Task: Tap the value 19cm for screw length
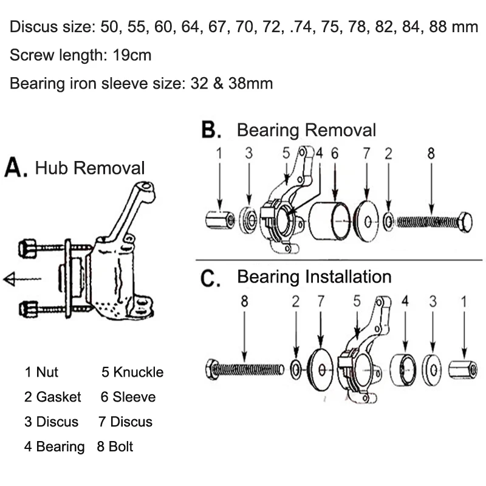pyautogui.click(x=132, y=55)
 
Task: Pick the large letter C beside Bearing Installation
pyautogui.click(x=210, y=278)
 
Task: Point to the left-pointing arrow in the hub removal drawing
pyautogui.click(x=22, y=279)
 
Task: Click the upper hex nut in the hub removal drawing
pyautogui.click(x=27, y=248)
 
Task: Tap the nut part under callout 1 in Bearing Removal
pyautogui.click(x=220, y=220)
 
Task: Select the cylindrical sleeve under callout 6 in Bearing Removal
pyautogui.click(x=330, y=221)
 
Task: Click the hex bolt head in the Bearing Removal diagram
pyautogui.click(x=465, y=222)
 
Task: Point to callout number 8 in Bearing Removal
pyautogui.click(x=431, y=153)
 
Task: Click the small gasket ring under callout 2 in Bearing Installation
pyautogui.click(x=296, y=369)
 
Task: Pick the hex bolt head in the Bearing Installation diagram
pyautogui.click(x=212, y=369)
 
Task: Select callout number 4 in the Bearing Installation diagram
pyautogui.click(x=405, y=301)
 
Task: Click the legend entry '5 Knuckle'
pyautogui.click(x=132, y=372)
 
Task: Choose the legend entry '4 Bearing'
pyautogui.click(x=54, y=447)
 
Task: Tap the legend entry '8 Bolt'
pyautogui.click(x=115, y=447)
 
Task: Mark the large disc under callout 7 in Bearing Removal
pyautogui.click(x=367, y=221)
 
